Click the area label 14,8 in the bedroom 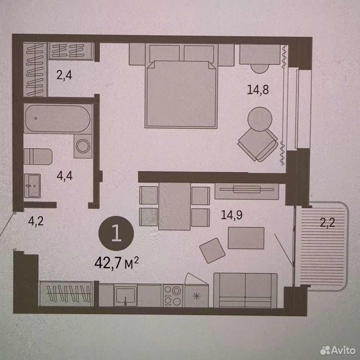tap(258, 90)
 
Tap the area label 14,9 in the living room tap(232, 215)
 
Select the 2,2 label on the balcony tap(328, 222)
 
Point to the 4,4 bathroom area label tap(65, 176)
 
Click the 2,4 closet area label tap(64, 75)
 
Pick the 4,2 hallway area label tap(36, 221)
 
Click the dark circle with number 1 tap(116, 233)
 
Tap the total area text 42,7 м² tap(117, 263)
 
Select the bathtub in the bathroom tap(58, 118)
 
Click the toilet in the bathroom tap(38, 157)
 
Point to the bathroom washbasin tap(32, 186)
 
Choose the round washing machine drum tap(83, 146)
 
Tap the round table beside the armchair tap(260, 119)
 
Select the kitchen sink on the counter tap(126, 295)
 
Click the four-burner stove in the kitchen tap(173, 296)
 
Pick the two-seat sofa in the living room tap(245, 290)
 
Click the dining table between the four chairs tap(174, 206)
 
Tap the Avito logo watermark tap(338, 350)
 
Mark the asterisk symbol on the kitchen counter tap(196, 296)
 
